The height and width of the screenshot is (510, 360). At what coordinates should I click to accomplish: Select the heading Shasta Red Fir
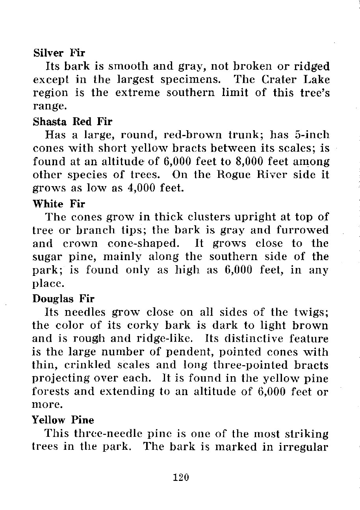click(x=72, y=122)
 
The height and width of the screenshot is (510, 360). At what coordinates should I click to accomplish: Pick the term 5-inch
click(x=310, y=135)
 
